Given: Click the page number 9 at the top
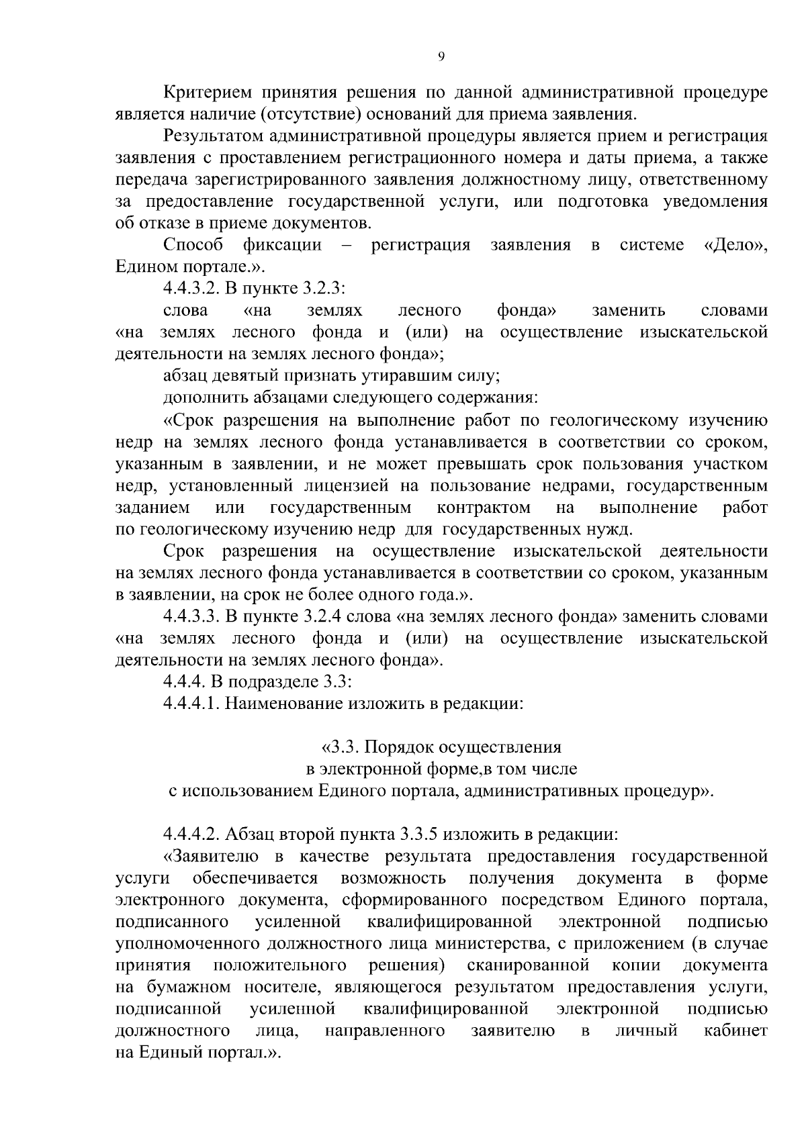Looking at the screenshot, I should pos(441,57).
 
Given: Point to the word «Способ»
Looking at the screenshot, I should pos(193,245).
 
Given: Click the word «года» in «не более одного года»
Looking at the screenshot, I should pos(442,594).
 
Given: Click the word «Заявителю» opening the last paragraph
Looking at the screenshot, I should pos(212,856).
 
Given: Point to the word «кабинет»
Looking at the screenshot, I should pos(736,1030).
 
